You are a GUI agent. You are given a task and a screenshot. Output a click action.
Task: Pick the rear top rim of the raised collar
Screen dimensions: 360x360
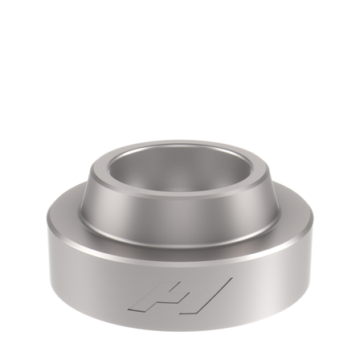180,145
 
